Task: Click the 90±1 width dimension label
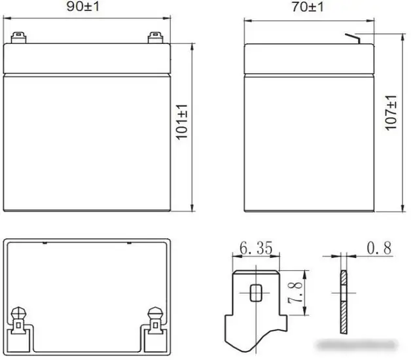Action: [83, 7]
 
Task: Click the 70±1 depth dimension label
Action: [308, 7]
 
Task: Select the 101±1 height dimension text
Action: [182, 122]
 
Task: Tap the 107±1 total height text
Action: [391, 113]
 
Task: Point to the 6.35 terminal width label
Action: [256, 247]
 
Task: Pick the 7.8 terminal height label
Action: [295, 293]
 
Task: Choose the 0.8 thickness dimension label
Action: [379, 248]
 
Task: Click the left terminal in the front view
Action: [18, 38]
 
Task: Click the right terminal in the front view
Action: [155, 38]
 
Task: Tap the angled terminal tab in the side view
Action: [353, 39]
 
